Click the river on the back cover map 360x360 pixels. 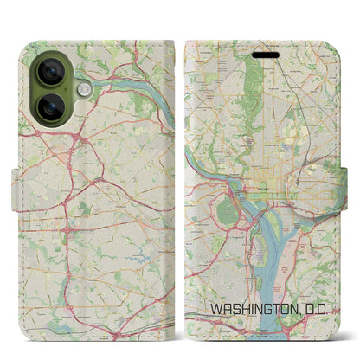[x=138, y=83]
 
